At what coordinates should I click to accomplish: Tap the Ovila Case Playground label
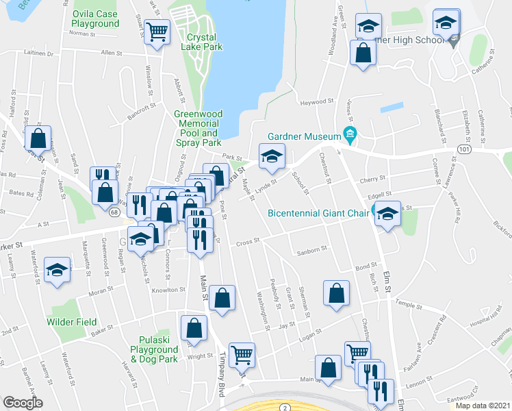pyautogui.click(x=95, y=19)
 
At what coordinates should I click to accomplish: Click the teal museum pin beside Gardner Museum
pyautogui.click(x=351, y=133)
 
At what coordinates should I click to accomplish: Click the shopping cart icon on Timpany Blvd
pyautogui.click(x=242, y=355)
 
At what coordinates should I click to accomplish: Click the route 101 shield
pyautogui.click(x=465, y=148)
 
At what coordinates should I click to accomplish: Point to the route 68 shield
pyautogui.click(x=113, y=213)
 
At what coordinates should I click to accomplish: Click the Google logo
pyautogui.click(x=23, y=403)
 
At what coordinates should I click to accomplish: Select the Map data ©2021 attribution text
pyautogui.click(x=483, y=406)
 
